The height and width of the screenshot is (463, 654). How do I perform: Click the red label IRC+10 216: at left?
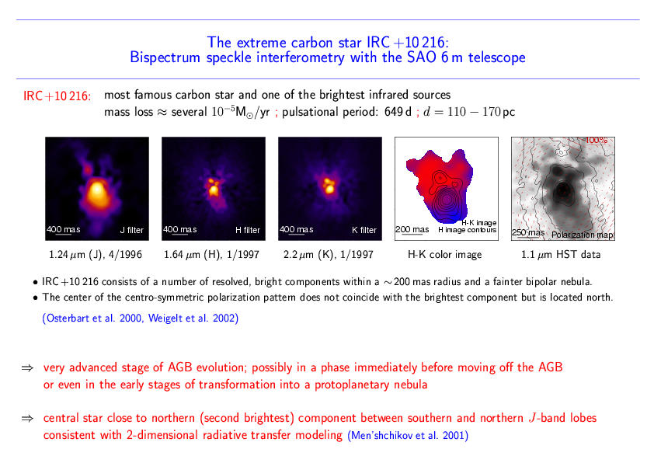pos(57,96)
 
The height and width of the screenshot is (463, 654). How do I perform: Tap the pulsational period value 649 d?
pos(398,112)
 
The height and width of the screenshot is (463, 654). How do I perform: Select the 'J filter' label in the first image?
pos(132,230)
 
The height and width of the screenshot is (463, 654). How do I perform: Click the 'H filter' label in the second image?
pos(248,230)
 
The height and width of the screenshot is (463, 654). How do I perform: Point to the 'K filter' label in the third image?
pos(364,230)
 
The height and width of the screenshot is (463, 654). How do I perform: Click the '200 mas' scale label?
pos(412,229)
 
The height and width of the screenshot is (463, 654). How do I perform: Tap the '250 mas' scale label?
pos(528,232)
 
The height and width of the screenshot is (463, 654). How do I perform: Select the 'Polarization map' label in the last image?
pos(583,235)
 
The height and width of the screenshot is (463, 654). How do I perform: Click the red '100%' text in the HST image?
pos(597,140)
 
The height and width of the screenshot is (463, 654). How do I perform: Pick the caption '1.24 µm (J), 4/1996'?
pos(96,255)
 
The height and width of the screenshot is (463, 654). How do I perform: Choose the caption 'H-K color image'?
pos(444,255)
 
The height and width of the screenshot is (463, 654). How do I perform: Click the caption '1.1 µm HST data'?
pos(561,255)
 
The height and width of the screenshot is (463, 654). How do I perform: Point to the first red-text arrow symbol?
pos(27,367)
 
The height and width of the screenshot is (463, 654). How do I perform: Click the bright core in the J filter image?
pos(97,190)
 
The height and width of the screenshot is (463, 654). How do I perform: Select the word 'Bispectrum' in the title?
pos(165,57)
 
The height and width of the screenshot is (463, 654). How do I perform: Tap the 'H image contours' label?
pos(467,230)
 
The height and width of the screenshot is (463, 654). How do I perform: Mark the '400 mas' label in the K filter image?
pos(296,229)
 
